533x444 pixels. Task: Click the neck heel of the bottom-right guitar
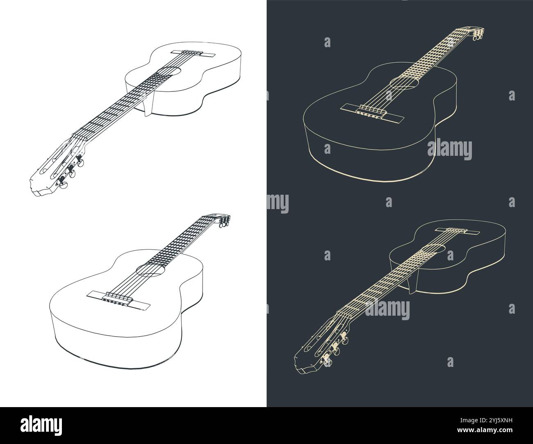coord(413,282)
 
